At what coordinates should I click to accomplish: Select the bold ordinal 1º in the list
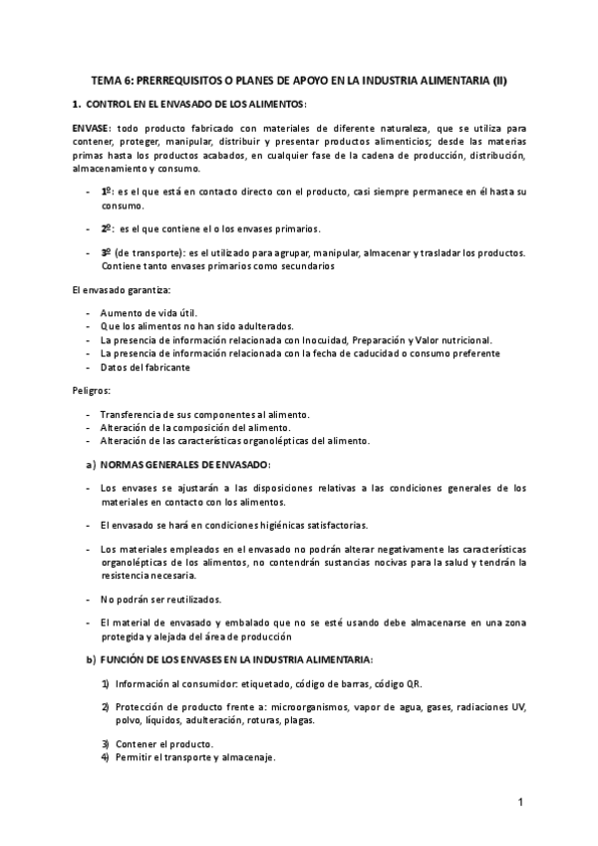coord(108,190)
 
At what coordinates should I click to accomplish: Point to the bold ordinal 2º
coord(108,227)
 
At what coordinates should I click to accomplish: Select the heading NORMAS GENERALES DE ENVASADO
coord(185,465)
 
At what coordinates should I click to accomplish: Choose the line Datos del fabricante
coord(145,366)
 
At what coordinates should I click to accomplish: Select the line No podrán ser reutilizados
coord(160,599)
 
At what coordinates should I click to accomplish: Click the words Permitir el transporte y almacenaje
coord(195,757)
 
